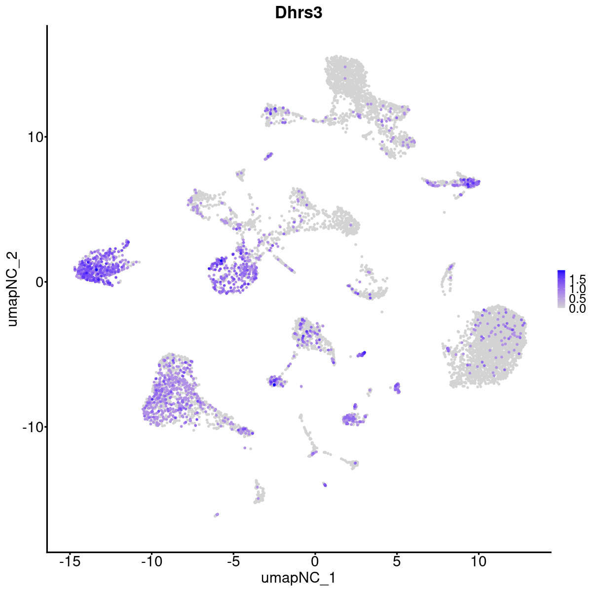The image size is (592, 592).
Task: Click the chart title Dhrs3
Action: (298, 13)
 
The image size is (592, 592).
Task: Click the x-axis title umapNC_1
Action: (299, 578)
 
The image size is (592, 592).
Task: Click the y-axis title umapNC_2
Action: (13, 289)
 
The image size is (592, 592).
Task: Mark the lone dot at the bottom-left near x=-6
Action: (216, 515)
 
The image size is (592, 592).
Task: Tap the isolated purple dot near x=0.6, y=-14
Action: (325, 484)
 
